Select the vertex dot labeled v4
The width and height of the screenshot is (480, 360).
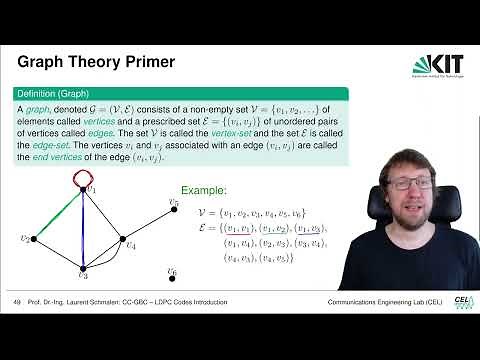124,240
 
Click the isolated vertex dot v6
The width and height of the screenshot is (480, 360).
169,276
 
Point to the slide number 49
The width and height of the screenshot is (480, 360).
17,303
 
